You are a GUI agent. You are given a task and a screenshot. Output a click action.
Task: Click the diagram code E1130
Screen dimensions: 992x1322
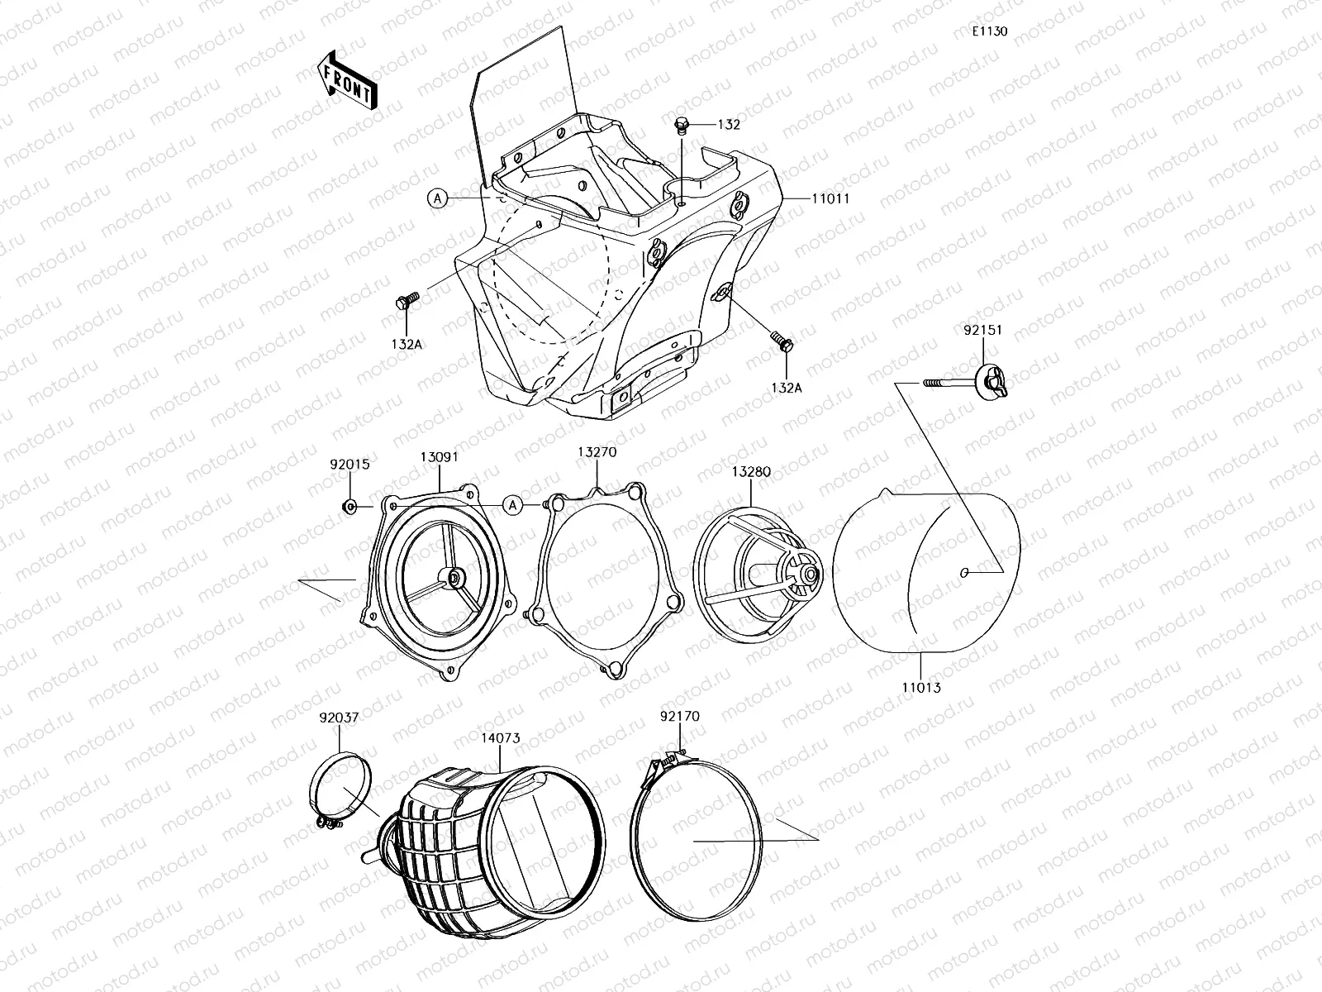tap(989, 31)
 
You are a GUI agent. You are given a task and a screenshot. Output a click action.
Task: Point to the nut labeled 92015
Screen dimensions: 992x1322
tap(349, 506)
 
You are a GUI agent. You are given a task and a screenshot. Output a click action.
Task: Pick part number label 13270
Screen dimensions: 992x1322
tap(597, 452)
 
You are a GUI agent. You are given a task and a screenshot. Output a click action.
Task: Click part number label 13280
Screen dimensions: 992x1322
tap(750, 471)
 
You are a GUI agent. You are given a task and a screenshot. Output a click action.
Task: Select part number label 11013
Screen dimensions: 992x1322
tap(921, 687)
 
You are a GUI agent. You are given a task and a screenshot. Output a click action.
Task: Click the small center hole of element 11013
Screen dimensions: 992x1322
tap(964, 572)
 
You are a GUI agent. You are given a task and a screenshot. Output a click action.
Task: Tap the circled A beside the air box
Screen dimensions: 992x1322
tap(438, 198)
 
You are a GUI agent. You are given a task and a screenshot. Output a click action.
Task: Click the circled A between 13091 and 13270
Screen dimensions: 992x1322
tap(513, 504)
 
